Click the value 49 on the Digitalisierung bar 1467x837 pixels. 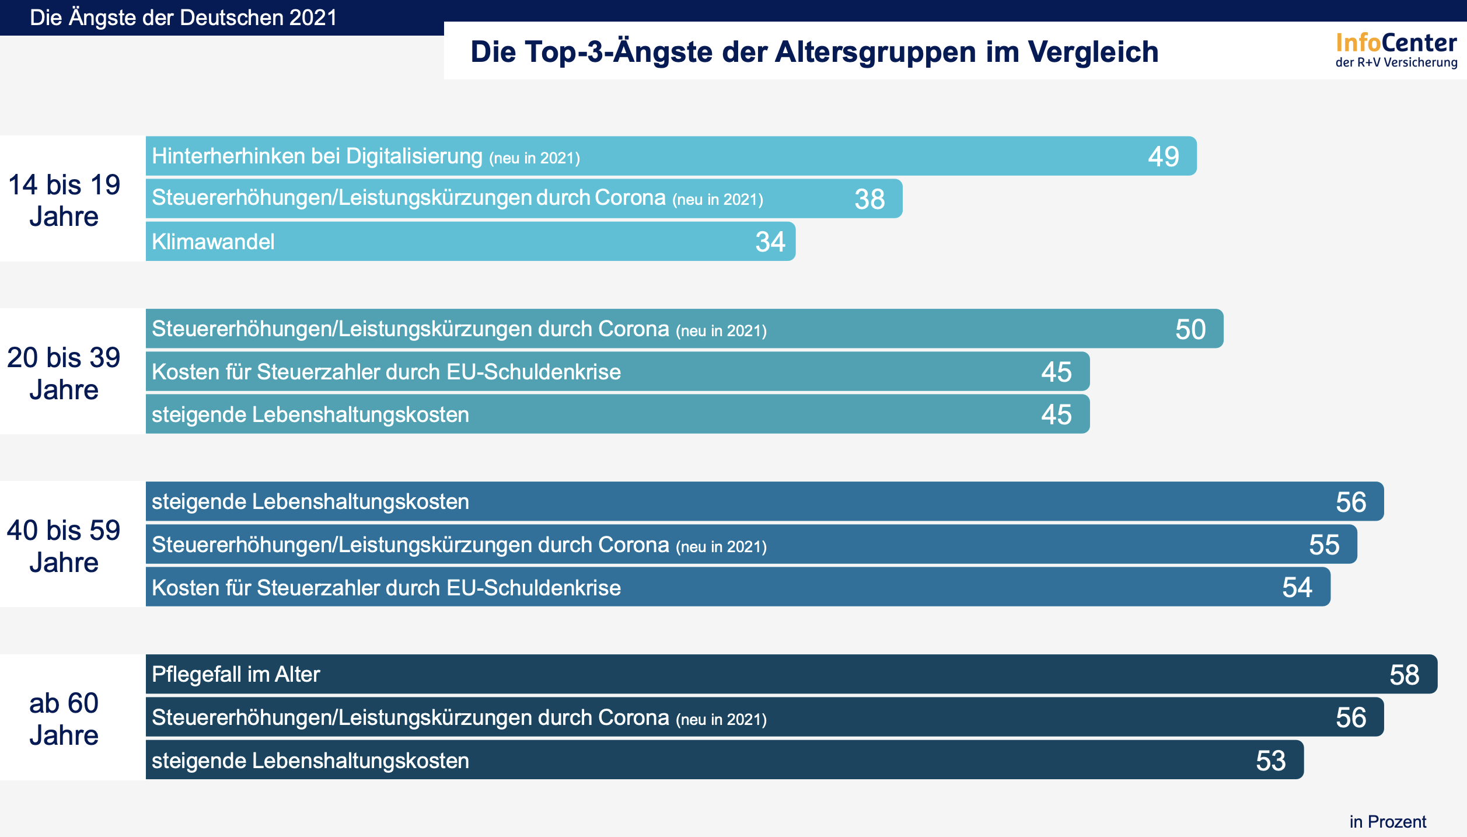pos(1164,156)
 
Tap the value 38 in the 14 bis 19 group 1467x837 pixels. pos(869,199)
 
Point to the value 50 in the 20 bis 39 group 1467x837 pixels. pos(1190,329)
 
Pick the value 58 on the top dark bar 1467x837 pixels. pos(1404,675)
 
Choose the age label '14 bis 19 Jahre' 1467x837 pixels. pos(64,200)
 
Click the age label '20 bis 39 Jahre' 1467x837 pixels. pos(64,373)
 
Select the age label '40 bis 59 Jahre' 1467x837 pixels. pos(64,546)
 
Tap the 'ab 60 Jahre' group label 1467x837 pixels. pos(64,719)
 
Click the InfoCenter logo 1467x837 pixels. pos(1396,50)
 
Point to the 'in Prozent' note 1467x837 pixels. pos(1387,822)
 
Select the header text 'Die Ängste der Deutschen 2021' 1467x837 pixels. pos(183,18)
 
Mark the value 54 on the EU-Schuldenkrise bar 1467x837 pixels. pos(1297,587)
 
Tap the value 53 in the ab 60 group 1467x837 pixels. pos(1270,761)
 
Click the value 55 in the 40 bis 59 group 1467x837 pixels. pos(1324,545)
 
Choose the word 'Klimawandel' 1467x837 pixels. pos(213,242)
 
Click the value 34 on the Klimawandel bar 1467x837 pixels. pos(770,242)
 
